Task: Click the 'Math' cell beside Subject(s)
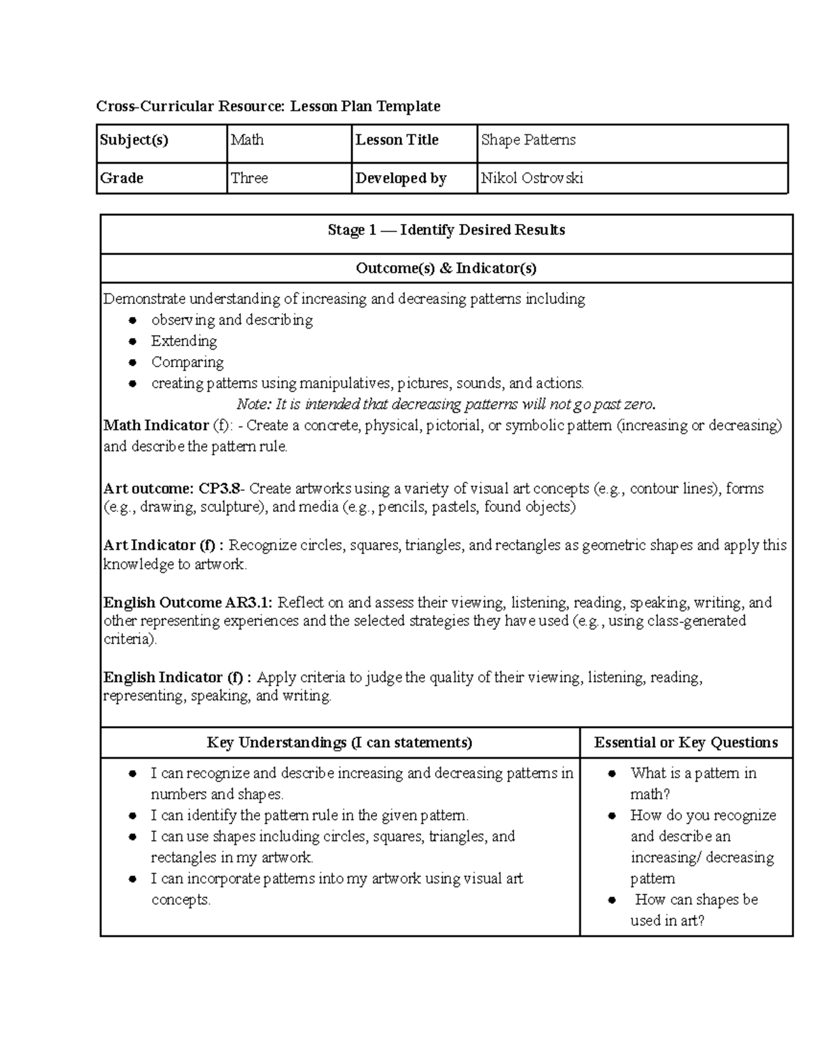click(x=247, y=140)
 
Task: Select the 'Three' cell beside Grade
click(x=249, y=178)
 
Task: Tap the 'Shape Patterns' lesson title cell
click(x=528, y=140)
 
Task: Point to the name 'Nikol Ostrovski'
click(x=532, y=178)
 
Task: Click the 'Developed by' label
click(x=401, y=178)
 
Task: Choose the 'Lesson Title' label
click(x=397, y=140)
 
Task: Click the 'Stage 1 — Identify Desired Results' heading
click(x=446, y=230)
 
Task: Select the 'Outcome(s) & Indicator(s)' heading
click(x=446, y=268)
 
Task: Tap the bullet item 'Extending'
click(x=184, y=341)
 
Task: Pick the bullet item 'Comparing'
click(x=187, y=362)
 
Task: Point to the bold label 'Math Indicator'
click(x=156, y=426)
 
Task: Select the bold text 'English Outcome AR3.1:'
click(x=188, y=603)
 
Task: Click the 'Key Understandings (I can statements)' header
click(x=340, y=742)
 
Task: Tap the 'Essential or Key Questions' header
click(x=686, y=742)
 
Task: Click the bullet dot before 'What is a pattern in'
click(x=612, y=774)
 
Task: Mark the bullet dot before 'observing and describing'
click(x=133, y=320)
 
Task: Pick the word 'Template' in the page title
click(x=409, y=106)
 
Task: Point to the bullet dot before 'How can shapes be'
click(x=612, y=900)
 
